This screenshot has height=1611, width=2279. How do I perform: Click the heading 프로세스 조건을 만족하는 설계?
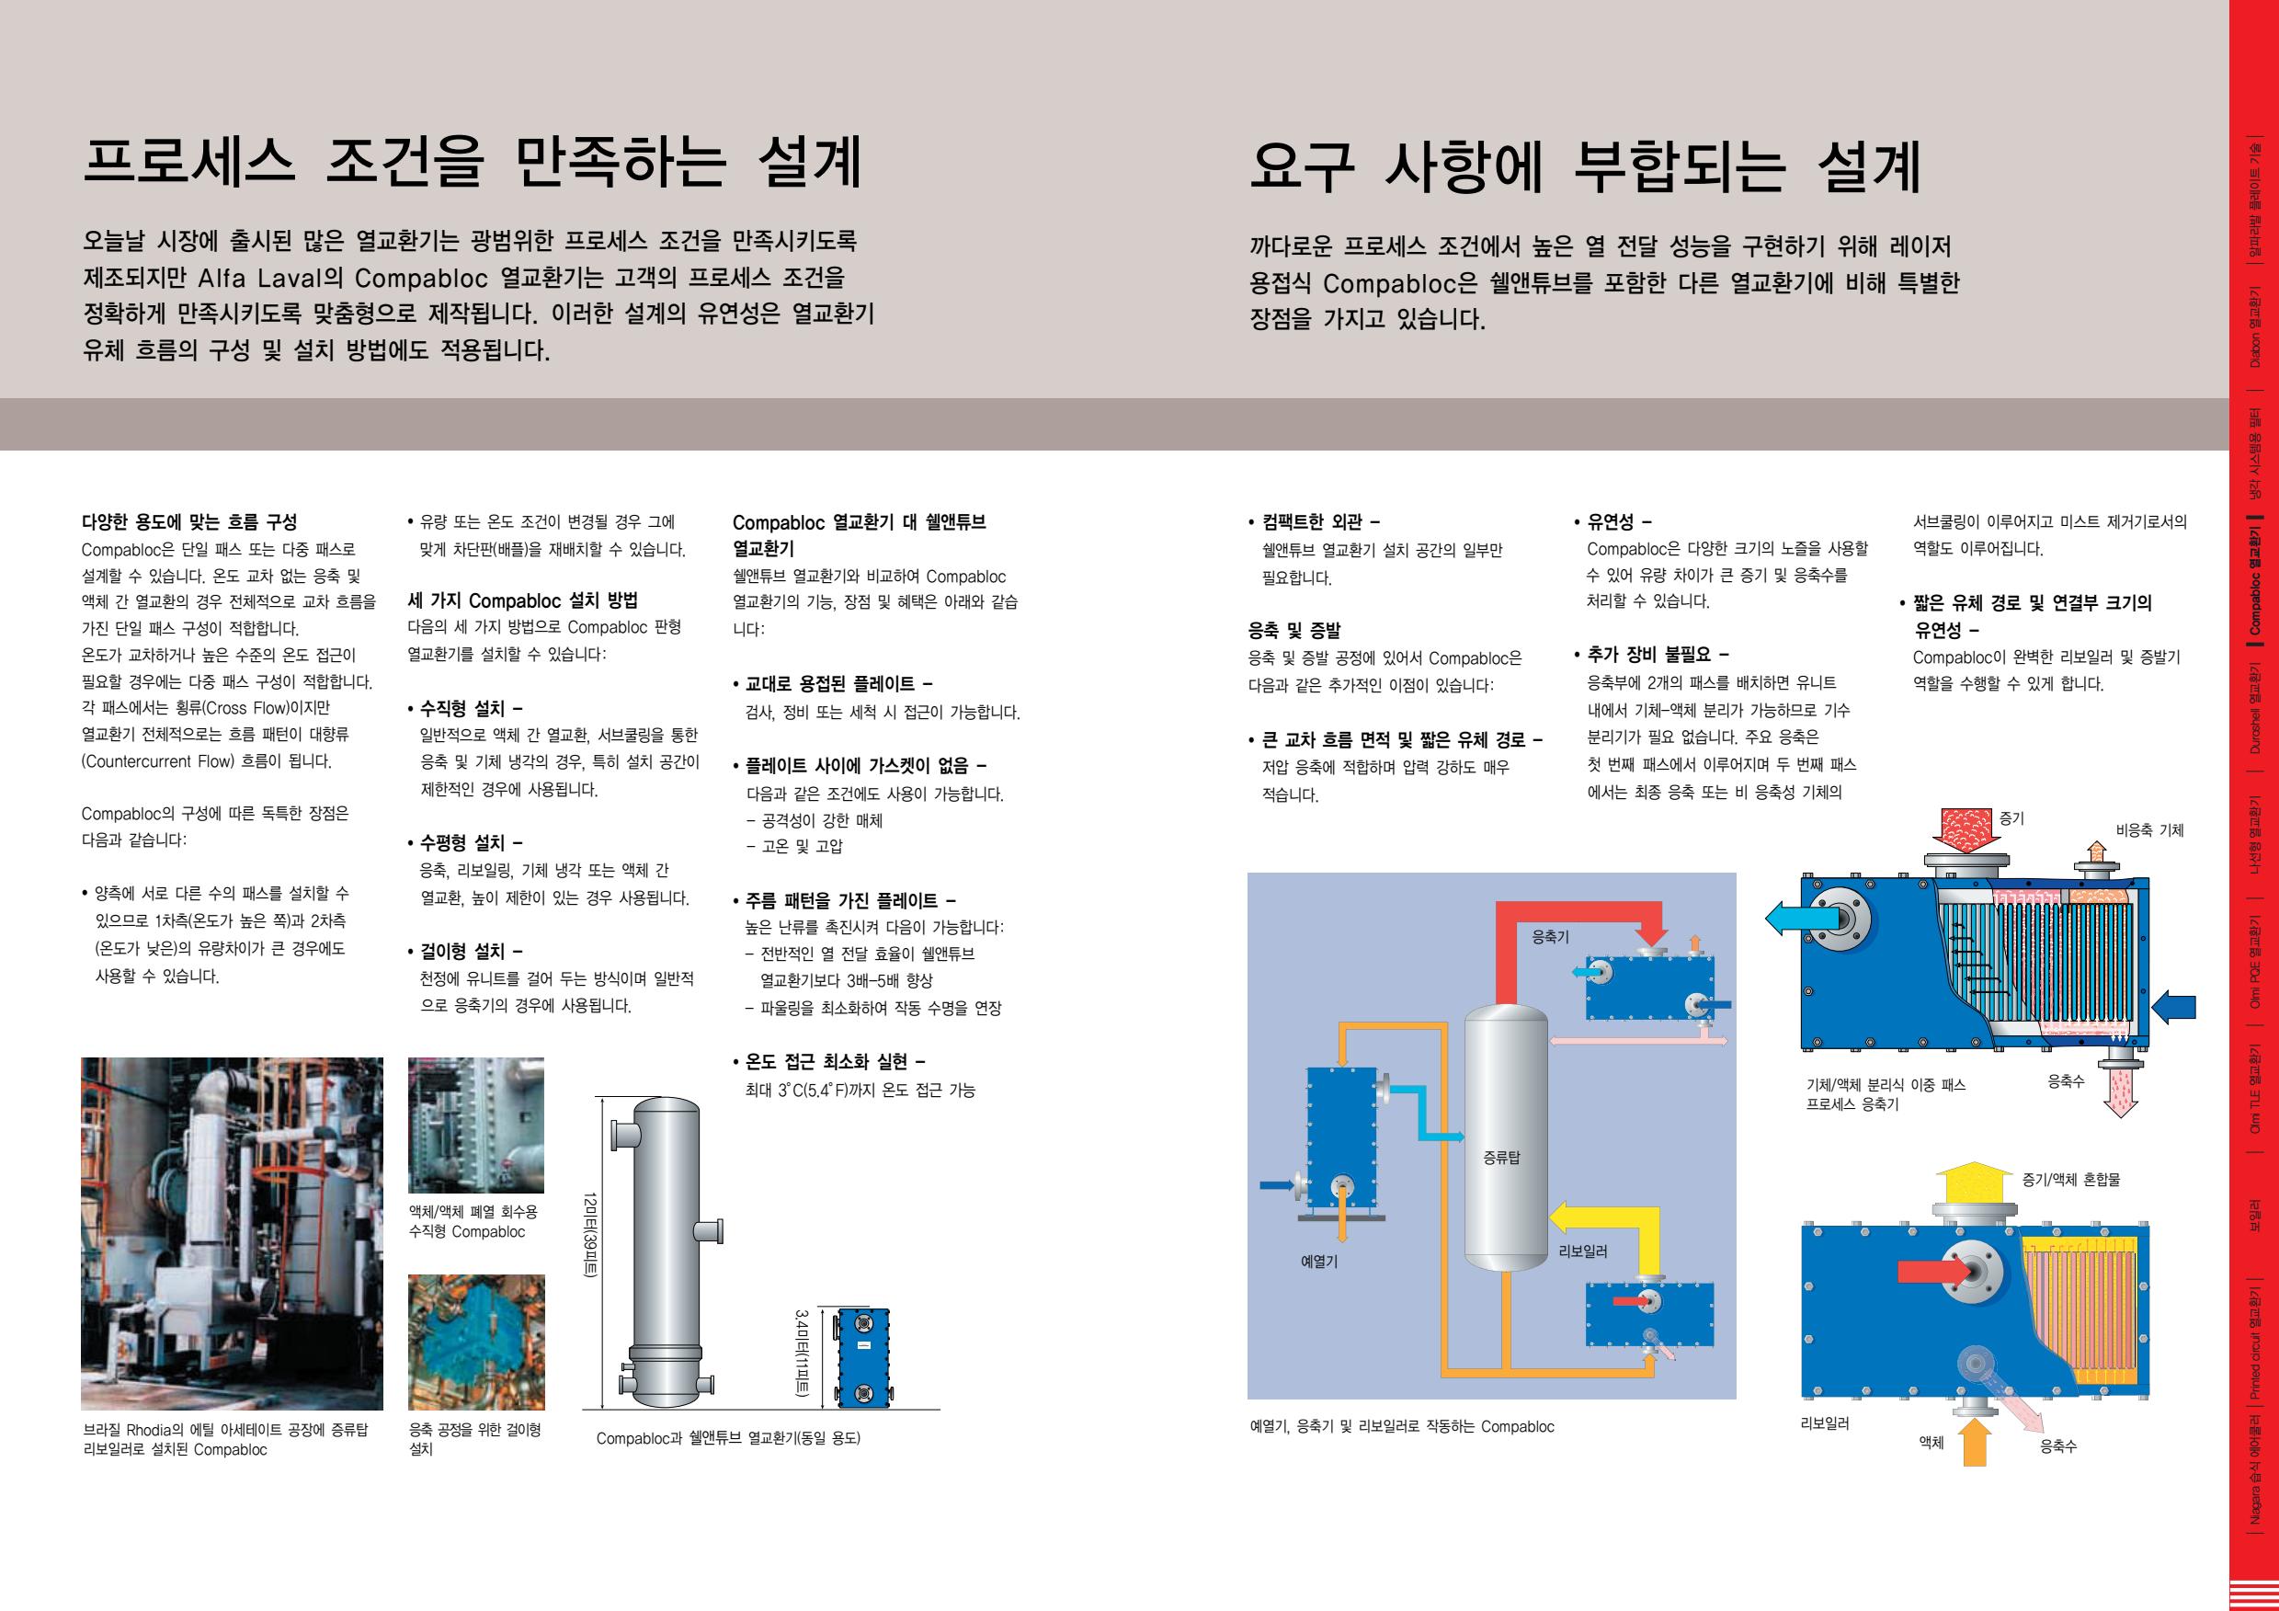(473, 163)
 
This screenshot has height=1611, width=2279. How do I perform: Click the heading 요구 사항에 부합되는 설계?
(1586, 166)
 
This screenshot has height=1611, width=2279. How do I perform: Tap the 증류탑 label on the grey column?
(1502, 1157)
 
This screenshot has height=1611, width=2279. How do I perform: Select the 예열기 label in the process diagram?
(1319, 1262)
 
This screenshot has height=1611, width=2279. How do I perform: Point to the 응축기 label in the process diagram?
(1550, 936)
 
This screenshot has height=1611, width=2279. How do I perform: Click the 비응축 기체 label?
(2150, 829)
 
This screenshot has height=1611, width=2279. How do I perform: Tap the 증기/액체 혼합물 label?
(2071, 1179)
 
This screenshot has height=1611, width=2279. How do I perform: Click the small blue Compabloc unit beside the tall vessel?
(862, 1357)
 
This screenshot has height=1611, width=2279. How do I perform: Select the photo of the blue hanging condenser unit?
(476, 1342)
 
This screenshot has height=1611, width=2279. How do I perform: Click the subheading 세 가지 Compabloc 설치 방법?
(523, 600)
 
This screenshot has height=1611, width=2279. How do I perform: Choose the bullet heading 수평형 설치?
(465, 842)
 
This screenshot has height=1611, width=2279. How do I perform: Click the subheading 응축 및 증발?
(1294, 629)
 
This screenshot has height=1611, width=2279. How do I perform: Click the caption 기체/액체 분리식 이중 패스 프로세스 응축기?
(1886, 1094)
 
